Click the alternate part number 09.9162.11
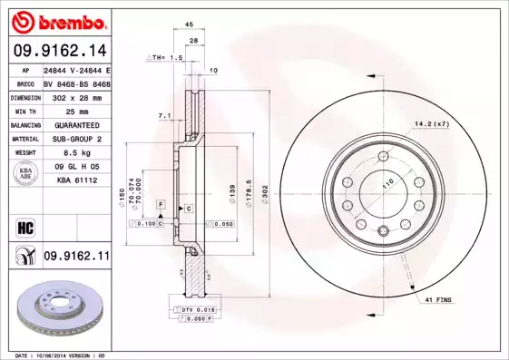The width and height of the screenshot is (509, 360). point(76,258)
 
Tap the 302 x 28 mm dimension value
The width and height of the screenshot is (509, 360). point(76,96)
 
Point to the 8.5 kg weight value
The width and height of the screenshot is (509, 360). point(76,152)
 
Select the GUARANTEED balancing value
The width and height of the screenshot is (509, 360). point(76,124)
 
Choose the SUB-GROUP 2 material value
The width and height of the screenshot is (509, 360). point(76,139)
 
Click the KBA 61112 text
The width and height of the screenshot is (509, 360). point(76,180)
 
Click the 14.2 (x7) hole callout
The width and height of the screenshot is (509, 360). point(432,123)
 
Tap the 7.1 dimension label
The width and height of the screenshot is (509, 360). point(163,115)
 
